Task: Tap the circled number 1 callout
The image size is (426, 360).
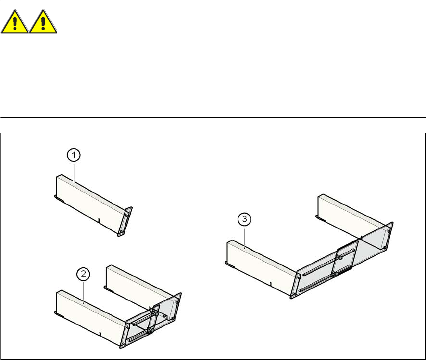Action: pos(74,156)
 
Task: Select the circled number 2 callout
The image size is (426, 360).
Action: pos(83,273)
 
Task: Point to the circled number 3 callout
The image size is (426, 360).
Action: pos(244,219)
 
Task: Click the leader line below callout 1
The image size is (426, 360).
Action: pos(74,171)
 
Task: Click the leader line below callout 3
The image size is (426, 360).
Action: pos(244,235)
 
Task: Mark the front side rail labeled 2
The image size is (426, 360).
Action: pos(90,315)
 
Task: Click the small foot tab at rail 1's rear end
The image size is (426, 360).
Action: pos(58,197)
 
